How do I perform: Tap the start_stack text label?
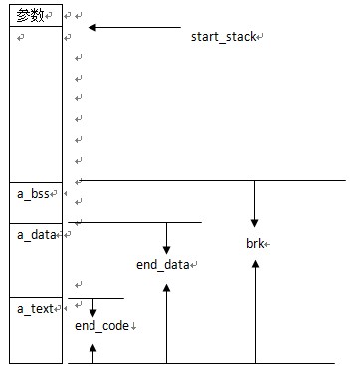[225, 37]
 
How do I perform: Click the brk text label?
[257, 243]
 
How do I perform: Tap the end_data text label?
[164, 264]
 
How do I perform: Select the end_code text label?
[102, 325]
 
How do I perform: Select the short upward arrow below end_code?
[93, 352]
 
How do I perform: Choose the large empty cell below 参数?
[35, 104]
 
